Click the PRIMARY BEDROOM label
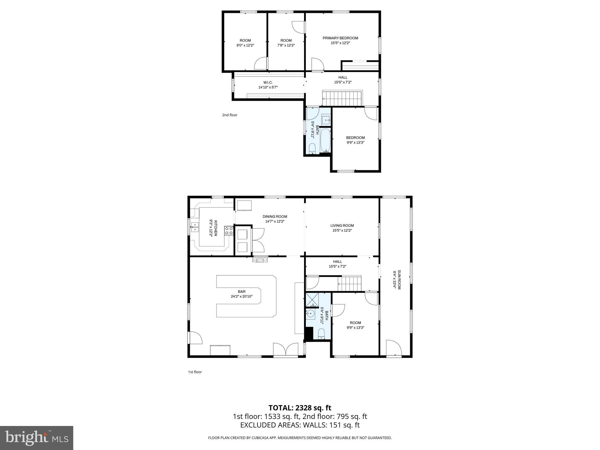(340, 38)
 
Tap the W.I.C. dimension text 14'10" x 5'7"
(268, 87)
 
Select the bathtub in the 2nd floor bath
(325, 140)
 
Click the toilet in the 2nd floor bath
(312, 149)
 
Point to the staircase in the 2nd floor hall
(342, 98)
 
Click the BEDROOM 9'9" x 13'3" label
(355, 138)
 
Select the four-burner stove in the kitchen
(229, 231)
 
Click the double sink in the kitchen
(195, 227)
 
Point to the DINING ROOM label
(275, 217)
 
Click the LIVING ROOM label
(342, 226)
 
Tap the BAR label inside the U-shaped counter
(241, 292)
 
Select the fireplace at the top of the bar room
(260, 259)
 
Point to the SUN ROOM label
(399, 279)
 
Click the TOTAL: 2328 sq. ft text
(300, 408)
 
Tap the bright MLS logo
(37, 438)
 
